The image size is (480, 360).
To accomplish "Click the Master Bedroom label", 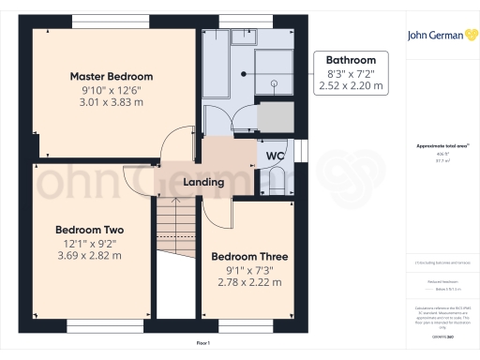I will point(112,77).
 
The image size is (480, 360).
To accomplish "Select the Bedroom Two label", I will point(90,230).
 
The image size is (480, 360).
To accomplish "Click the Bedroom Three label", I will point(249,256).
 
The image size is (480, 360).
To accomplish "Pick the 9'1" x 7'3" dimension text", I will point(249,270).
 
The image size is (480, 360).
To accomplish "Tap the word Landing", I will point(203,182).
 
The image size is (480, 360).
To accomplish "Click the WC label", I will point(276,156).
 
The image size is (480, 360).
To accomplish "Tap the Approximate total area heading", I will point(438,146).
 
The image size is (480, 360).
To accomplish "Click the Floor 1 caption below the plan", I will point(202,344).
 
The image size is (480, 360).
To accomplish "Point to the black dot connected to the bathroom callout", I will point(243,73).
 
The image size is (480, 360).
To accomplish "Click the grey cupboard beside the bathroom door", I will point(275,116).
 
